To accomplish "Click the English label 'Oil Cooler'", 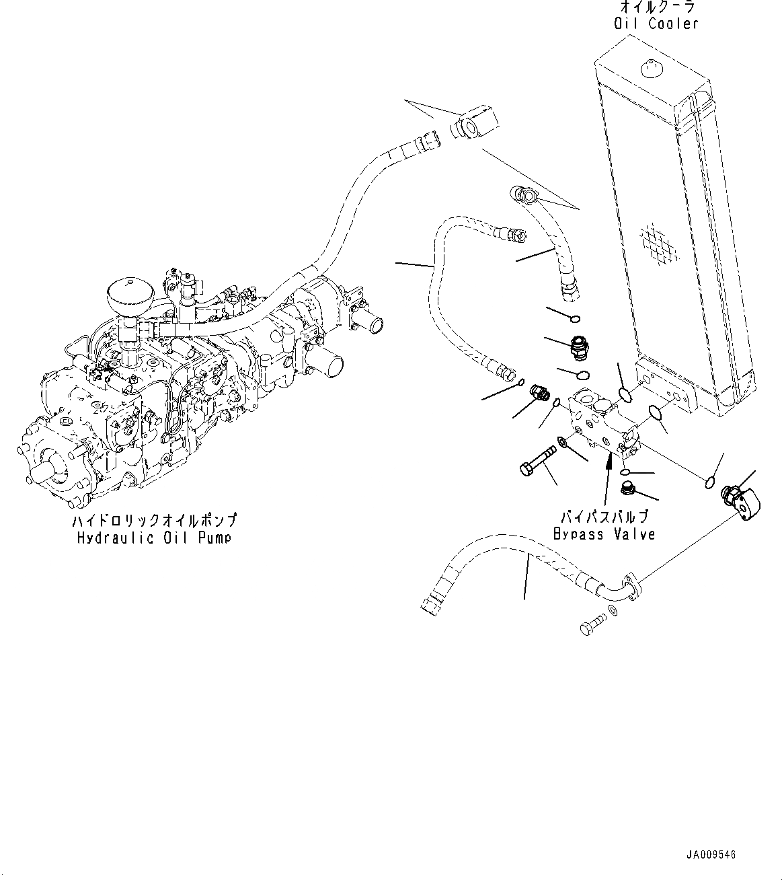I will pos(656,24).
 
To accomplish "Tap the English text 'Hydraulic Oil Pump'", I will pos(154,538).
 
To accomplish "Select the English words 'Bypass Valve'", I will pos(604,534).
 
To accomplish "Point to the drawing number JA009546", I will pos(711,855).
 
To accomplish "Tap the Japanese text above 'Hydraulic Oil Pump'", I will pos(154,521).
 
